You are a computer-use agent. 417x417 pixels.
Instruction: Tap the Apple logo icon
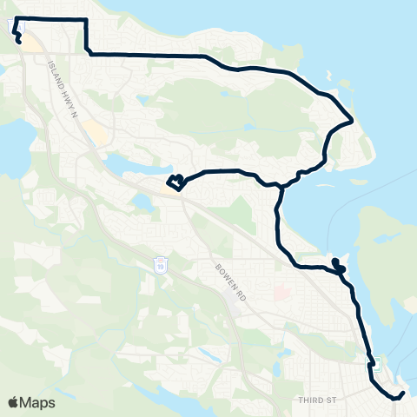click(x=14, y=402)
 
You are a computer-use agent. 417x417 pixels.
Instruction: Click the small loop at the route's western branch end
click(x=176, y=182)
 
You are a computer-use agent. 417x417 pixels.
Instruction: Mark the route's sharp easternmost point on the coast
click(x=351, y=120)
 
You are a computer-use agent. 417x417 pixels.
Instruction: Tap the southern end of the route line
click(x=402, y=394)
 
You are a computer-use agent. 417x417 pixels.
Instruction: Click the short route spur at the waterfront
click(x=336, y=264)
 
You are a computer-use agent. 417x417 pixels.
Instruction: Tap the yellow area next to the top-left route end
click(x=32, y=43)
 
